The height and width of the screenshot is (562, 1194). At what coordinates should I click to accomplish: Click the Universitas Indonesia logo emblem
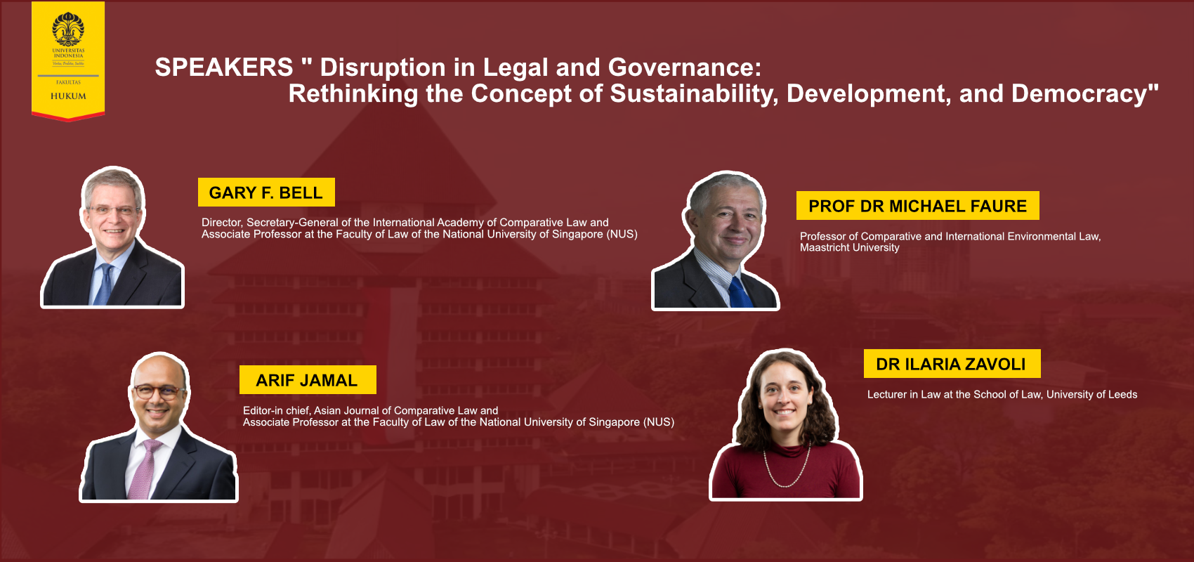point(68,29)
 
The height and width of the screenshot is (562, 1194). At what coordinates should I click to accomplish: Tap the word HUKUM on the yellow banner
point(68,96)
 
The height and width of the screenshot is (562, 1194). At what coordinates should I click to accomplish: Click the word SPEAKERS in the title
point(224,67)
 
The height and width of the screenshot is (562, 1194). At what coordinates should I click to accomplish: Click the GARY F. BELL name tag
point(266,192)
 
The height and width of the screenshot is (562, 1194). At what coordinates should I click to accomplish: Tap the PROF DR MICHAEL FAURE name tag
point(917,205)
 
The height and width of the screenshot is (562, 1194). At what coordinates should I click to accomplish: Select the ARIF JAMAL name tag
point(308,379)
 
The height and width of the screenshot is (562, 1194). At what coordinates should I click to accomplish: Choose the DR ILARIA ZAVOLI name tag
point(952,364)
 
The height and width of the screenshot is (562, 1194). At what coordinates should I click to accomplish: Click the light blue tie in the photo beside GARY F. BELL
point(105,285)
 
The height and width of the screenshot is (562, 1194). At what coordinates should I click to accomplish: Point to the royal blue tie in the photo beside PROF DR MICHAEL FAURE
point(740,292)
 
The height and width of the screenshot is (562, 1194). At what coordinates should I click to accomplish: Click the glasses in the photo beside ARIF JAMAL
point(159,393)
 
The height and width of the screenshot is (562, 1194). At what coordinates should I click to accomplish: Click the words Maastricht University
point(850,247)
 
